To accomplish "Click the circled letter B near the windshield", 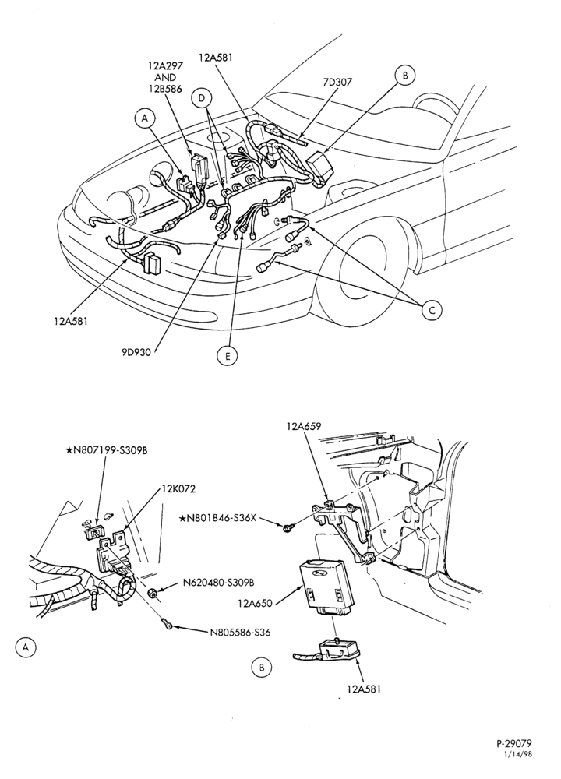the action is coord(405,76).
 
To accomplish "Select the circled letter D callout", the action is coord(202,98).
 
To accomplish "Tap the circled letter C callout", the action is coord(432,310).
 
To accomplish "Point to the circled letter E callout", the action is coord(227,356).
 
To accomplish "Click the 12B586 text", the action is coord(165,90).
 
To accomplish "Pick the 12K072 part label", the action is coord(178,489).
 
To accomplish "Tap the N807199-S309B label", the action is coord(107,450).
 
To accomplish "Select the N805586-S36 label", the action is coord(241,633).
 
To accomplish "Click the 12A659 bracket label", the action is coord(304,426).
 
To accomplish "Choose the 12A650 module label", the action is coord(256,604).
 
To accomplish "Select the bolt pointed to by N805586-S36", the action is coord(168,623).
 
